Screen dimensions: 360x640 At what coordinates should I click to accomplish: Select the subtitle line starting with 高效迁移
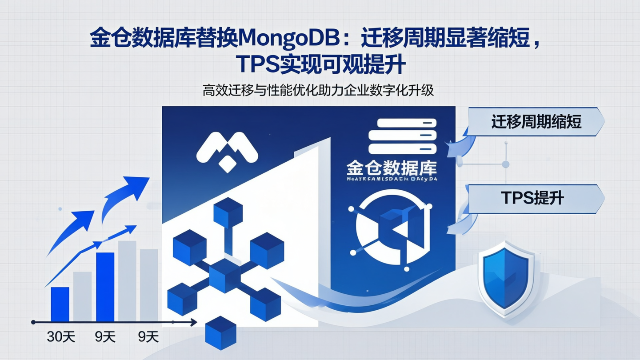318,91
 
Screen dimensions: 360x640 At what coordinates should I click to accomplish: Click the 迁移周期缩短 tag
536,122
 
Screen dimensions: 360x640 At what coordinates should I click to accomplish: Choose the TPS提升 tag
532,197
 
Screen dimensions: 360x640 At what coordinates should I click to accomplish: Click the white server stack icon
402,136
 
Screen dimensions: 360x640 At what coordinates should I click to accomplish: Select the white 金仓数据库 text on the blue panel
391,168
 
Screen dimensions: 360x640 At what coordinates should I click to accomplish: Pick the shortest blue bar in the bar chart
60,304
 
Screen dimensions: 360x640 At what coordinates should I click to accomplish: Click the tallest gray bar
127,281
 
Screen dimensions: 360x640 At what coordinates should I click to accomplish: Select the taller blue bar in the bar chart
105,287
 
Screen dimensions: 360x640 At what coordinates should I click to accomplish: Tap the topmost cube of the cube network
228,213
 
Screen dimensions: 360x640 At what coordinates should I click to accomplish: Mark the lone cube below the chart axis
220,332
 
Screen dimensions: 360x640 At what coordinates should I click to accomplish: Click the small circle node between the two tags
505,164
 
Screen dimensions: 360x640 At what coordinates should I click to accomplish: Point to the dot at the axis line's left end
33,322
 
